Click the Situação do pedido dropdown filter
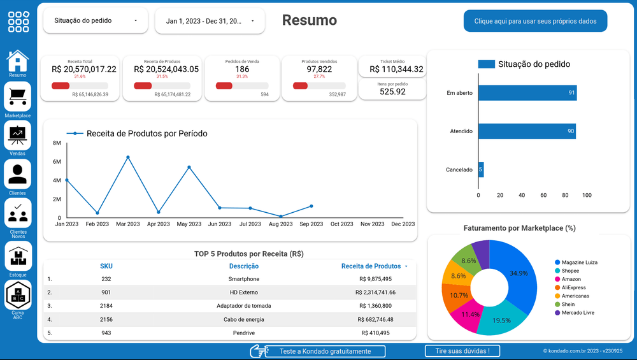point(96,21)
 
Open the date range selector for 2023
point(210,21)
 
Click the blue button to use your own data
point(535,21)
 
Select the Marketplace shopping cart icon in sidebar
point(17,96)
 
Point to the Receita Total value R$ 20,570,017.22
point(84,69)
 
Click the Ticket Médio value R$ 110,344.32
point(396,69)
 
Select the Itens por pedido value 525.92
point(392,92)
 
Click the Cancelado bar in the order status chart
point(481,169)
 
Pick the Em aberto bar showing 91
point(527,93)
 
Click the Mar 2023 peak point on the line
point(128,157)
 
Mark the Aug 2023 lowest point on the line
point(281,216)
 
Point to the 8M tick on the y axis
point(56,143)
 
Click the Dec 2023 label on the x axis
point(403,224)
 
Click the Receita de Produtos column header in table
point(371,266)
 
